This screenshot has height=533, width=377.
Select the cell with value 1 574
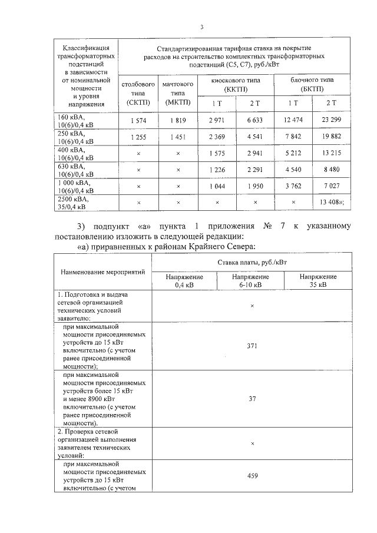pos(138,121)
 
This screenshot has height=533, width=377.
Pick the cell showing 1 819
pos(178,121)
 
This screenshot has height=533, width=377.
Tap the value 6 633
pos(256,121)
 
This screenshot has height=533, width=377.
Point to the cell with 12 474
pos(293,121)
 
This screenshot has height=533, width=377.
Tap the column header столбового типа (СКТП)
pos(138,93)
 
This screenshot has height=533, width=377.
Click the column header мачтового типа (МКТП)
pos(178,93)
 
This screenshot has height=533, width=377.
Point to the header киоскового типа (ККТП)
pos(236,83)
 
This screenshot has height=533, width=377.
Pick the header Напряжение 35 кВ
pos(318,280)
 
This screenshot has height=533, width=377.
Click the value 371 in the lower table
pos(252,346)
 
